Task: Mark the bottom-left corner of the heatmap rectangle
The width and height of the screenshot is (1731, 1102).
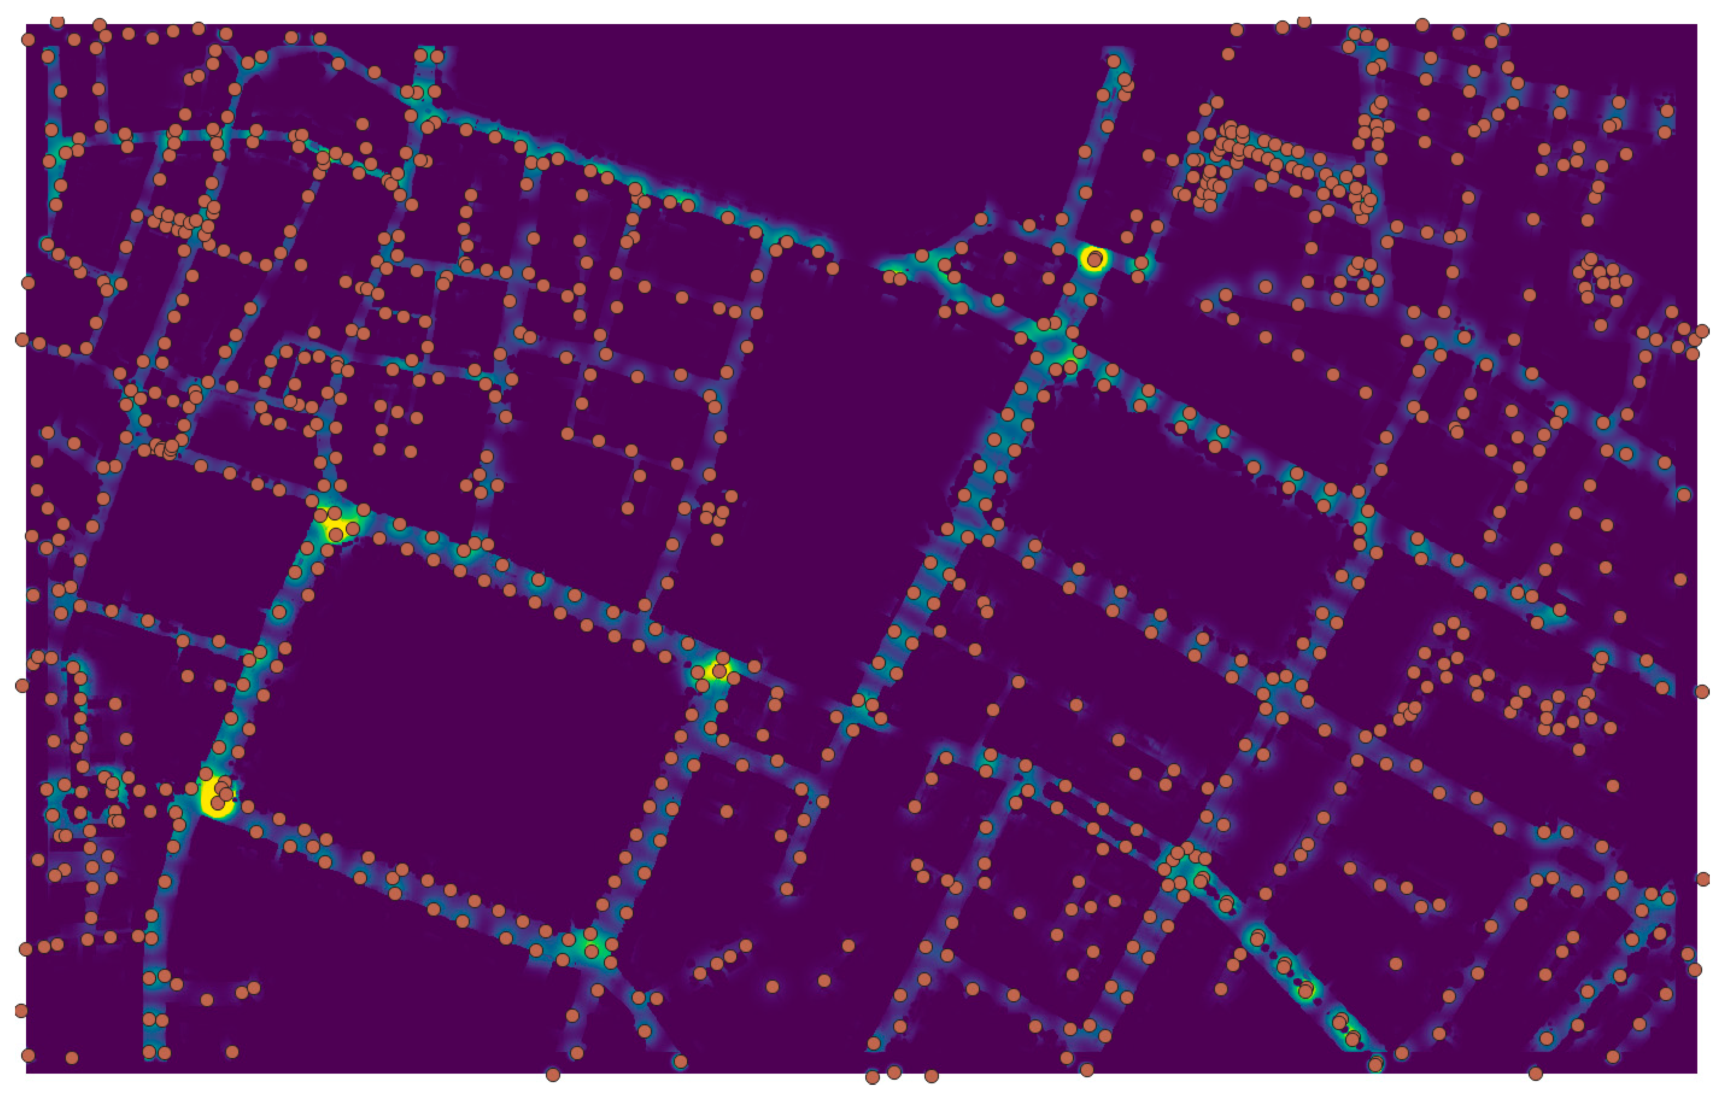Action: click(x=27, y=1073)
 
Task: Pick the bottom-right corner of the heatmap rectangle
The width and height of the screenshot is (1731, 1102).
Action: click(x=1697, y=1073)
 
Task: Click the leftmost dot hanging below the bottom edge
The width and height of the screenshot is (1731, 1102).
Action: click(x=553, y=1075)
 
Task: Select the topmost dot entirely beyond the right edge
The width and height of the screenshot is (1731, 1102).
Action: click(x=1702, y=331)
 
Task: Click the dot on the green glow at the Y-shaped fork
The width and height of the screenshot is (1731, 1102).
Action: click(x=591, y=952)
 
